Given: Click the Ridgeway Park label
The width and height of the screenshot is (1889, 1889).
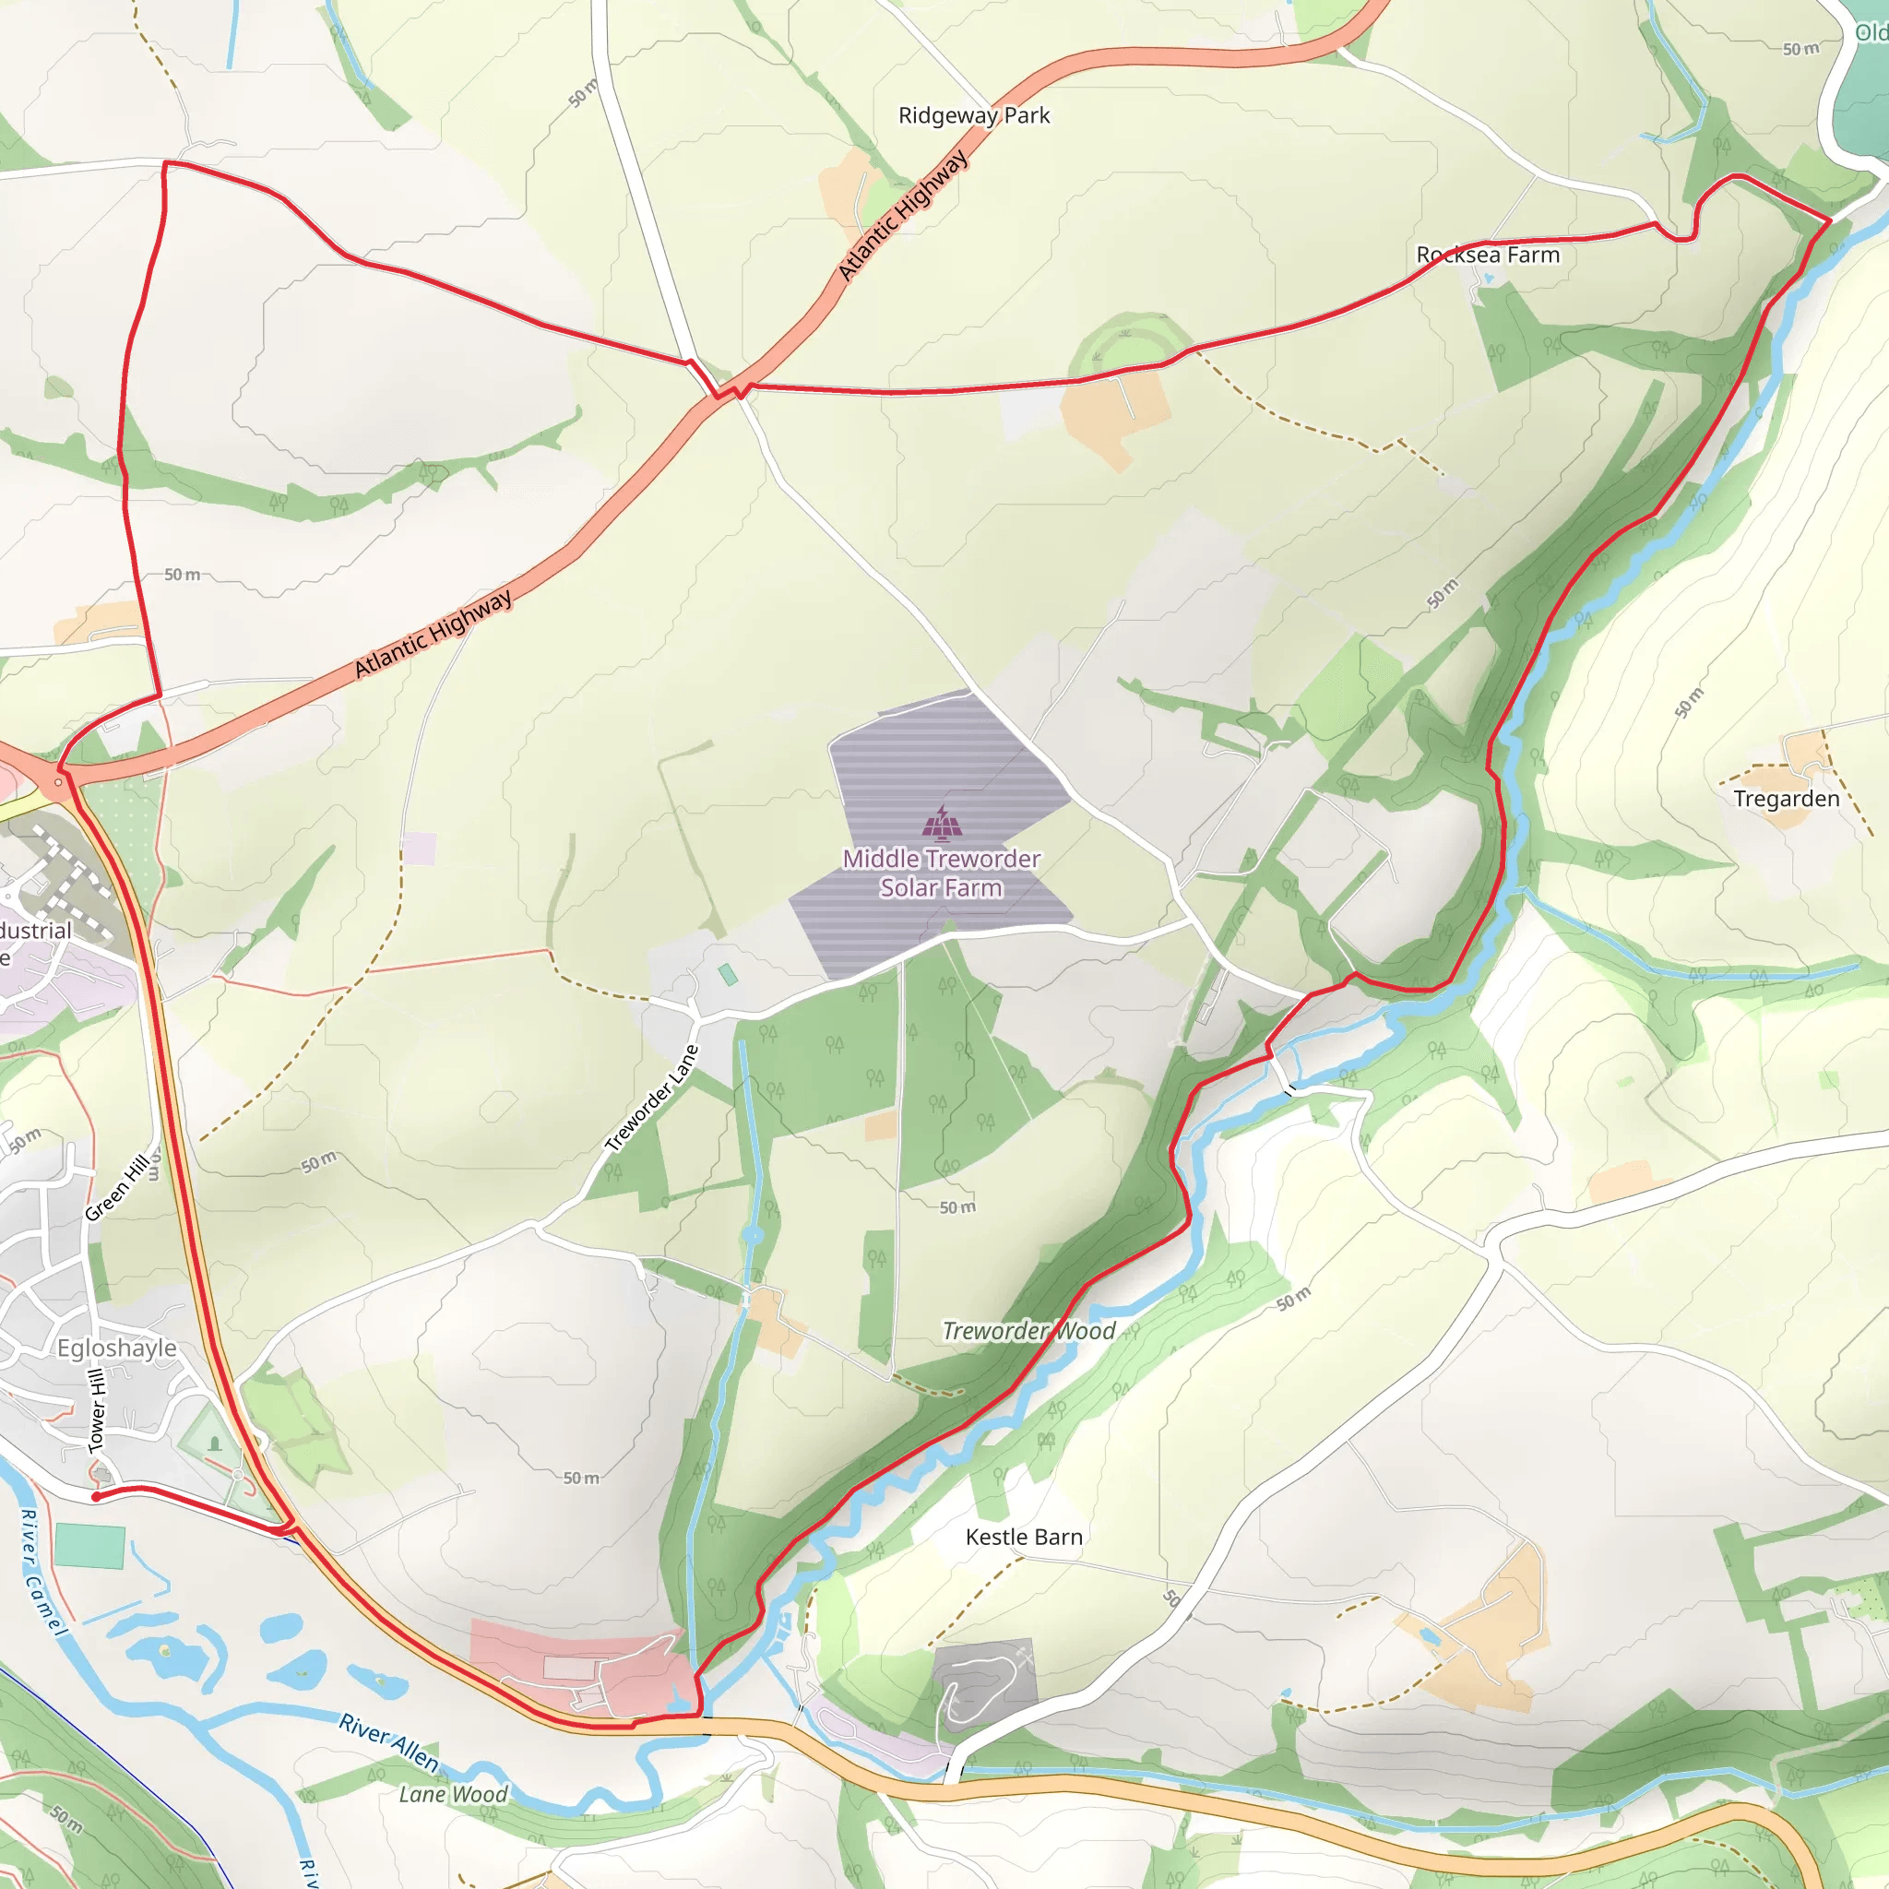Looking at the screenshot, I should pos(974,115).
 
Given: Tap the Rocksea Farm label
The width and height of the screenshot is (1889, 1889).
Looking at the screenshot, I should pos(1487,255).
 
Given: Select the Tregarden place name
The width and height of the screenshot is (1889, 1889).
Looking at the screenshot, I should pos(1786,799).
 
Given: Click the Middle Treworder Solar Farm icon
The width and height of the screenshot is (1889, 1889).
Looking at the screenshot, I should pos(942,824).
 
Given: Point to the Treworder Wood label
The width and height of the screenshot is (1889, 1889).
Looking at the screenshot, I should pos(1028,1331).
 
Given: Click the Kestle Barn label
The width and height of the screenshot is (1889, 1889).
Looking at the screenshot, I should pos(1024,1537).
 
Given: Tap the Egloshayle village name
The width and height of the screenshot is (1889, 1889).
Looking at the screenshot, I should pos(116,1348).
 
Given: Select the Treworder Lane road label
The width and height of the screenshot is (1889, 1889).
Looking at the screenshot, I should pos(651,1098).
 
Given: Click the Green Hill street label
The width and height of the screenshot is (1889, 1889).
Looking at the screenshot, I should pos(117,1187).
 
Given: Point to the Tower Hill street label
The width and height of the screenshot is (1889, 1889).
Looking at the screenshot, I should pos(97,1412).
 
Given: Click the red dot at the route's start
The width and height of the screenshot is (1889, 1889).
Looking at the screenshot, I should pos(96,1497).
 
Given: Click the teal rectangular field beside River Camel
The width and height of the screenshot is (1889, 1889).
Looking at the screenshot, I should pos(90,1546).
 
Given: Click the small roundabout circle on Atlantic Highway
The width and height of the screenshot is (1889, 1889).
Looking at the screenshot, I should pos(59,782).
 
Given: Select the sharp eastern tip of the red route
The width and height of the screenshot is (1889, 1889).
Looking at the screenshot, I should pos(1829,221).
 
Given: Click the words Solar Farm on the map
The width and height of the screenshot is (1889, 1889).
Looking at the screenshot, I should pos(941,888).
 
